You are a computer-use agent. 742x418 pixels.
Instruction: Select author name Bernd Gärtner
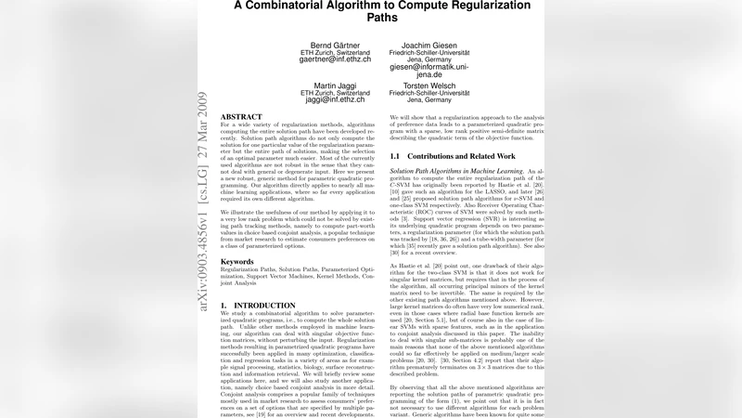coord(335,45)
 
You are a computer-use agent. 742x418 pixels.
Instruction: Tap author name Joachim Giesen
coord(428,45)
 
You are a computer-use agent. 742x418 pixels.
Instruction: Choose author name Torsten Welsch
coord(428,86)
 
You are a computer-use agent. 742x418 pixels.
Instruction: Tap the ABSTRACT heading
coord(241,117)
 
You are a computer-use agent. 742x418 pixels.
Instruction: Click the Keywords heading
coord(237,262)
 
